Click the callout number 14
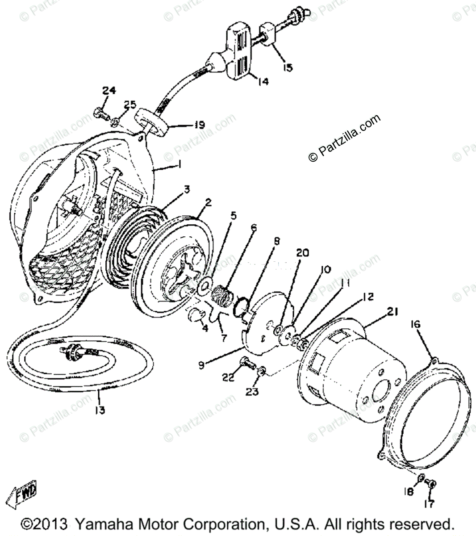point(263,81)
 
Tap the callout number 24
point(109,91)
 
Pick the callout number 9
point(202,365)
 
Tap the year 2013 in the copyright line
point(52,524)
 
